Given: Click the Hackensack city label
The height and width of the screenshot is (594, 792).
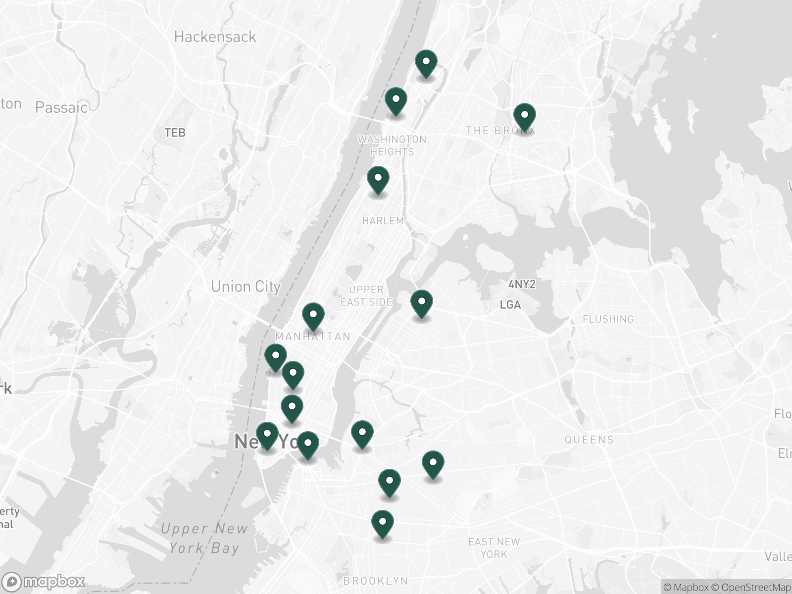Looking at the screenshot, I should coord(215,37).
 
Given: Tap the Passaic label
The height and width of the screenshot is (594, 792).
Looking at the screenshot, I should coord(61,107).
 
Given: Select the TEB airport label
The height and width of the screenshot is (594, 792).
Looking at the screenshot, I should coord(175,132).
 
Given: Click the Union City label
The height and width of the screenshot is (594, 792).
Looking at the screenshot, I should coord(246,287).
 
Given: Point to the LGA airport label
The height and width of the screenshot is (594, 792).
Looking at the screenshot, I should coord(510,304).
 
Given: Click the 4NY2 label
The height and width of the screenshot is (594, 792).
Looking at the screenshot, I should coord(522,284).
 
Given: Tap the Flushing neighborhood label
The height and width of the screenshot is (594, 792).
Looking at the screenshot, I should coord(608,319).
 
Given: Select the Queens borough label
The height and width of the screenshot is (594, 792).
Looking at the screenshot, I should coord(589,440).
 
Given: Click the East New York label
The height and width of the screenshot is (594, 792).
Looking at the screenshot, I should coord(494,547).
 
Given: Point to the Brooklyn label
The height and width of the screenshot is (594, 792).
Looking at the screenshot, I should coord(376,581).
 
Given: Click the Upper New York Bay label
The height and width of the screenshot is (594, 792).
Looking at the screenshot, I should coord(204,538).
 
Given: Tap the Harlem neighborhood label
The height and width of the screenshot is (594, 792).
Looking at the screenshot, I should coord(383,221).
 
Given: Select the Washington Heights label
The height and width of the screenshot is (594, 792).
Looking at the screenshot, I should coord(392,146).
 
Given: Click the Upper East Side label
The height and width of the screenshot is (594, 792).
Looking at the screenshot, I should coord(366,296).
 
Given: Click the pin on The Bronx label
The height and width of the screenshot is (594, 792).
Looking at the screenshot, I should coord(524,117).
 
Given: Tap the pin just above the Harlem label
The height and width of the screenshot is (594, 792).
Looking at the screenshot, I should coord(378,179).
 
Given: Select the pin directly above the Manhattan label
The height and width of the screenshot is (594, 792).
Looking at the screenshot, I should coord(313,316).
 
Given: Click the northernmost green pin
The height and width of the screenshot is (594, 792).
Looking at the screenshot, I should coord(426,63).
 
